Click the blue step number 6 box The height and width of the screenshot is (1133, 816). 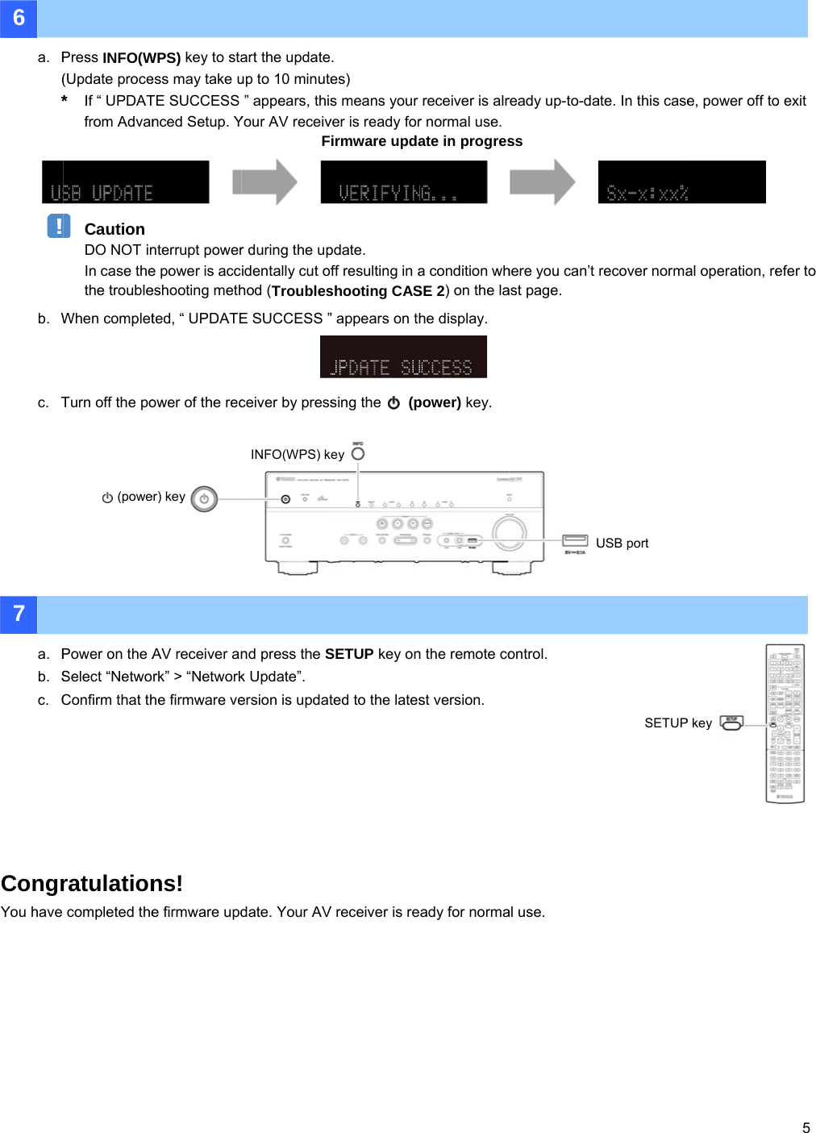(x=19, y=19)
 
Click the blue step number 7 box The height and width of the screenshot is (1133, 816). (x=19, y=614)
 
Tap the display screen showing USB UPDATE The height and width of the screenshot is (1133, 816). (x=125, y=182)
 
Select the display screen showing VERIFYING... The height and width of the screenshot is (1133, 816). (x=403, y=182)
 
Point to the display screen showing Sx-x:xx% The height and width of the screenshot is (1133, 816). (x=681, y=182)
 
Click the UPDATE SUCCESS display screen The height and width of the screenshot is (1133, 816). (x=403, y=357)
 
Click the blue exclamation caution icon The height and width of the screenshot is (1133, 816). (x=59, y=226)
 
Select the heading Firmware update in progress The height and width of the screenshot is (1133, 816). (x=422, y=141)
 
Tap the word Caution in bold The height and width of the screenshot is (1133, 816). (x=114, y=229)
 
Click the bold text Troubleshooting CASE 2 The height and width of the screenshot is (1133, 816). (x=358, y=291)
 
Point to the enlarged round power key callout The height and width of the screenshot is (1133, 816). (x=204, y=499)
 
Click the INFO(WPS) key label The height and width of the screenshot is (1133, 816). (x=298, y=455)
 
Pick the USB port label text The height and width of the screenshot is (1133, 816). (x=622, y=544)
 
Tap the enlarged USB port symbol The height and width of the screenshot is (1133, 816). (x=575, y=540)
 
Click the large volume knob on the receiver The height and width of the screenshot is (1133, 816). (x=509, y=531)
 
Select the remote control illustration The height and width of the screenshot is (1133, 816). (x=785, y=723)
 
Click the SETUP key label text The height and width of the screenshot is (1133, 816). (x=678, y=723)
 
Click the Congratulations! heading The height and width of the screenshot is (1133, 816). (x=92, y=884)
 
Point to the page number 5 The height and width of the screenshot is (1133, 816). (x=806, y=1127)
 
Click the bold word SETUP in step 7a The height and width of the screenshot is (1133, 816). (x=349, y=654)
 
